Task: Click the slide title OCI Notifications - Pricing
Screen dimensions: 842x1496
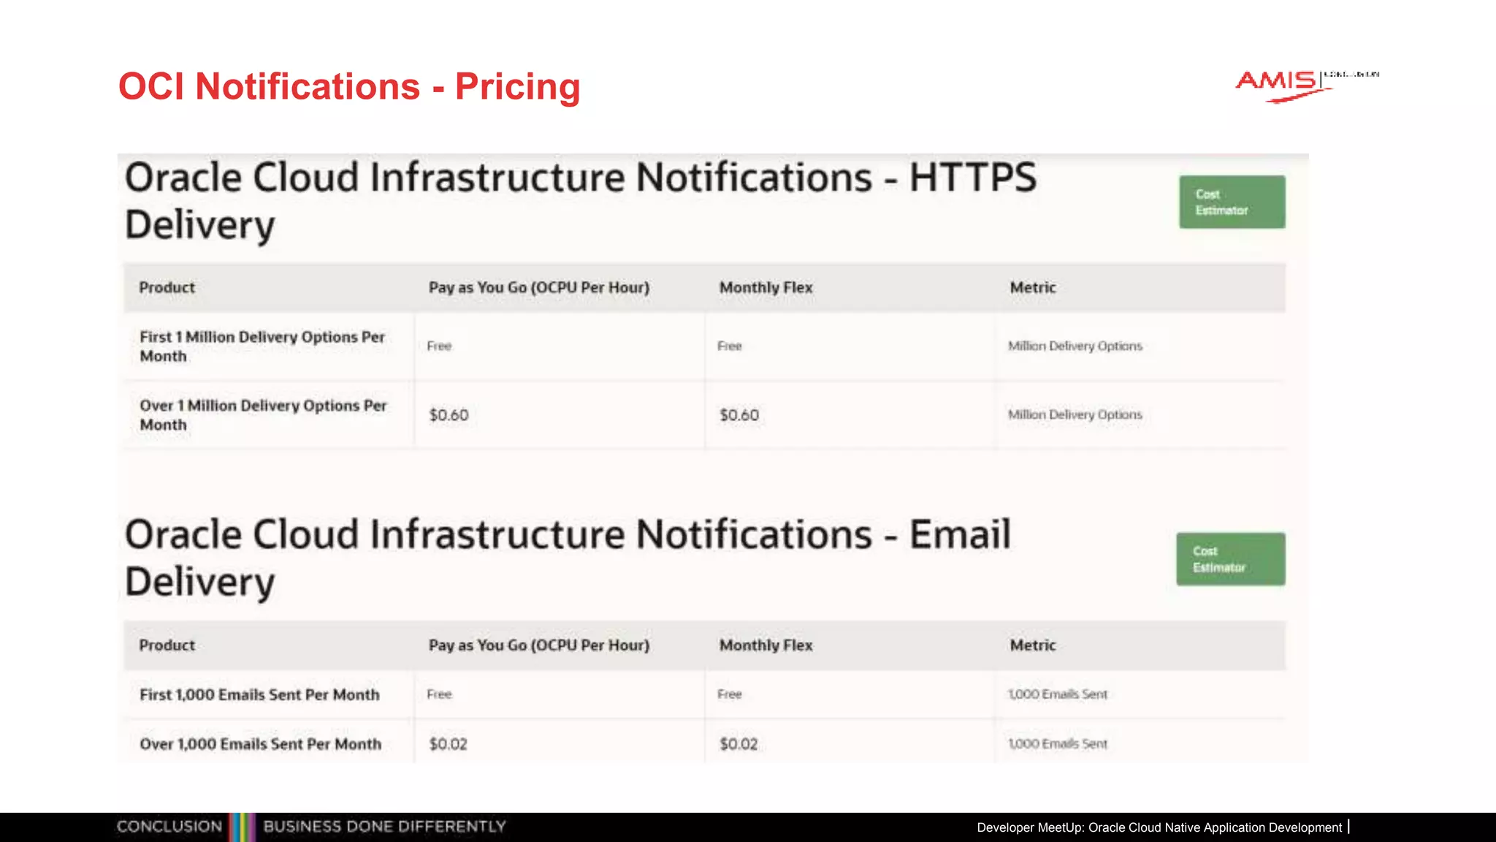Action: pos(349,86)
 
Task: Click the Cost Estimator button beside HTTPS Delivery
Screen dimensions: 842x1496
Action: pos(1232,202)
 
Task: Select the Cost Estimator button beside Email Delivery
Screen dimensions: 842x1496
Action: pos(1230,559)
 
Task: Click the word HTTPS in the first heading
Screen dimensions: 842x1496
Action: pos(972,178)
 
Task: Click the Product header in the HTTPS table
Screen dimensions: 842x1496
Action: pos(167,288)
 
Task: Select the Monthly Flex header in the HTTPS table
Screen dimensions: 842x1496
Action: pos(766,288)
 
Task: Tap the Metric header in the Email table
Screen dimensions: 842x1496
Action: pos(1032,645)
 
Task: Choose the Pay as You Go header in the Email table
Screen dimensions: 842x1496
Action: pos(538,645)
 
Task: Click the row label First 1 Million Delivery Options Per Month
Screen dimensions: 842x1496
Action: pos(262,346)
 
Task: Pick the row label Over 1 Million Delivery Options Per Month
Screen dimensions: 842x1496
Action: pos(263,415)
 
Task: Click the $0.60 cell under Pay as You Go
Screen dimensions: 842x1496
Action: pos(449,415)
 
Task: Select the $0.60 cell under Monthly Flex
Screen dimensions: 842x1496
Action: pos(739,415)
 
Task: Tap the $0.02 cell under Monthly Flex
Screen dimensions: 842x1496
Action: pos(739,744)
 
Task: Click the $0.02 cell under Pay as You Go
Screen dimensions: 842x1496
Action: pos(448,744)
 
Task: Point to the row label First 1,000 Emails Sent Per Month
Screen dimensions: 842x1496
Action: pos(259,695)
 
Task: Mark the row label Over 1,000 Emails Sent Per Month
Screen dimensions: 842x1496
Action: pos(261,744)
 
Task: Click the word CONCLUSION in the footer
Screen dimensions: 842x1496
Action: pos(169,827)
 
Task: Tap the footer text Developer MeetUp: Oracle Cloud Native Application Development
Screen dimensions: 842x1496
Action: pos(1159,827)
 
